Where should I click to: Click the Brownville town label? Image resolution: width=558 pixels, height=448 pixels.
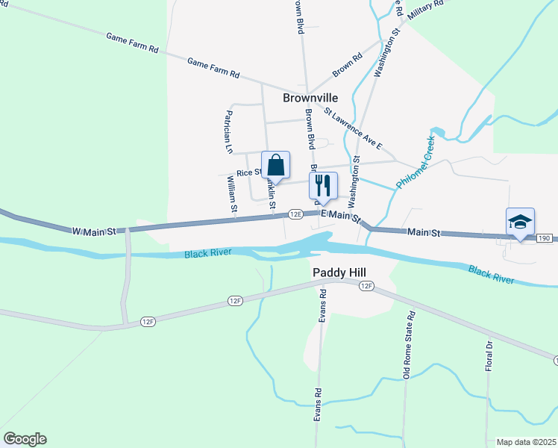click(x=310, y=98)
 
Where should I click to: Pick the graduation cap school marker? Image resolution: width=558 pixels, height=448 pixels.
click(x=520, y=222)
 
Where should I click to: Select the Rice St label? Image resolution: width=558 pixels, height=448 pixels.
click(x=247, y=172)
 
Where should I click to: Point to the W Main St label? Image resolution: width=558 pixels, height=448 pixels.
click(x=94, y=231)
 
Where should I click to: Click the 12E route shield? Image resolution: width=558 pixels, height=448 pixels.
click(x=295, y=214)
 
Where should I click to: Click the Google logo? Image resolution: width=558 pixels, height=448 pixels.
click(x=25, y=439)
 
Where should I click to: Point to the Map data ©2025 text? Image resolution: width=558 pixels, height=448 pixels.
click(x=526, y=442)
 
